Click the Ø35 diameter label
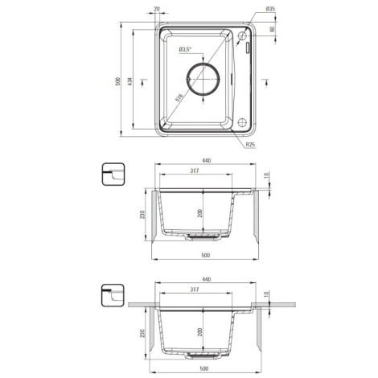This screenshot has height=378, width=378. pyautogui.click(x=270, y=9)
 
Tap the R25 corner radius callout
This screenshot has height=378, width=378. pyautogui.click(x=250, y=145)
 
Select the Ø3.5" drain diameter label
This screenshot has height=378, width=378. pyautogui.click(x=185, y=49)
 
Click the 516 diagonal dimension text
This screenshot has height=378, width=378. pyautogui.click(x=179, y=98)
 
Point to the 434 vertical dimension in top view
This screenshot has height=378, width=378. pyautogui.click(x=129, y=81)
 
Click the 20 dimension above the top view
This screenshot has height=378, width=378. pyautogui.click(x=157, y=9)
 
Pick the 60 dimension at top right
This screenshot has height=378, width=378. pyautogui.click(x=273, y=29)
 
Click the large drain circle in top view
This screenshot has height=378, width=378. pyautogui.click(x=203, y=79)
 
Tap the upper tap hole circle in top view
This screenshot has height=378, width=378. pyautogui.click(x=242, y=35)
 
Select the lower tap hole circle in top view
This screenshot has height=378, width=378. pyautogui.click(x=242, y=122)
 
